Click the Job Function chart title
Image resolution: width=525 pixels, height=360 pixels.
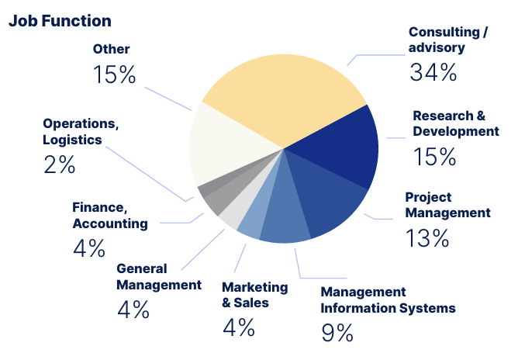tap(60, 21)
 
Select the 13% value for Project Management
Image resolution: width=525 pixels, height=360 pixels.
tap(427, 237)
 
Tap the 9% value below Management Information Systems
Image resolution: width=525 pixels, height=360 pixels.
tap(337, 332)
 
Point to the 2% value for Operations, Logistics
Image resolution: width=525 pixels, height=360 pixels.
tap(60, 164)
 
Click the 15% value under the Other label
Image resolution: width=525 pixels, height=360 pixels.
tap(114, 74)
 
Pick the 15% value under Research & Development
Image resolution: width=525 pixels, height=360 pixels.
tap(434, 157)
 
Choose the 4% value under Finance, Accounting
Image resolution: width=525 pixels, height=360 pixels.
tap(88, 248)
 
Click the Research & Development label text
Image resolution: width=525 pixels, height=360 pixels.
tap(455, 123)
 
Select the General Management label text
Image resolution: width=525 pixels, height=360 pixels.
tap(158, 277)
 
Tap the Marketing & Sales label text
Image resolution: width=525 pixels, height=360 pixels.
tap(254, 295)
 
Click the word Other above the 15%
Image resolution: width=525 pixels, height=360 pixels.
tap(112, 49)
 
